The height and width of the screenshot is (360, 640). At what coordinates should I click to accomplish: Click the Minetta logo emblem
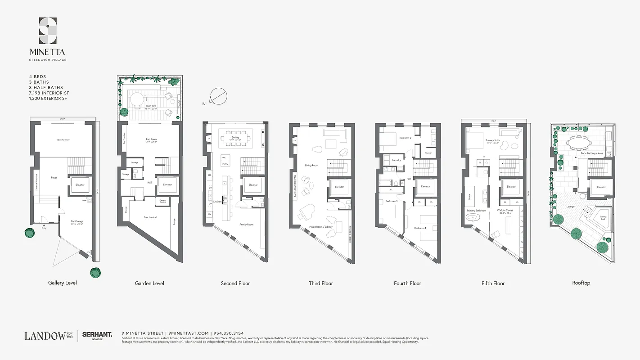coord(48,31)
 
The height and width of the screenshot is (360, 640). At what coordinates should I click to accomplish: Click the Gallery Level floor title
coord(63,283)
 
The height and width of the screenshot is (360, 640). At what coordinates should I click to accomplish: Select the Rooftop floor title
coord(581,283)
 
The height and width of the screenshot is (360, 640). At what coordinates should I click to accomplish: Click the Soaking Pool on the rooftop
coord(603,218)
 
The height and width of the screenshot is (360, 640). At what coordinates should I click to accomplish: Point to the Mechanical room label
coord(150,217)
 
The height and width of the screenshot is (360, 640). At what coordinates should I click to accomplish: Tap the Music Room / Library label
coord(320,227)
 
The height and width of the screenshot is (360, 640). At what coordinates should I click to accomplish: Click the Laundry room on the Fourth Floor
coord(396,160)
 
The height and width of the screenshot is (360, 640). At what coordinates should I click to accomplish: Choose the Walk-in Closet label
coord(505,210)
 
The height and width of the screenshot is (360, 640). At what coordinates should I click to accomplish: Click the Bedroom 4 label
coord(420,228)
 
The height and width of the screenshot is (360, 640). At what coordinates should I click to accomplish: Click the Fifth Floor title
coord(493,283)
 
